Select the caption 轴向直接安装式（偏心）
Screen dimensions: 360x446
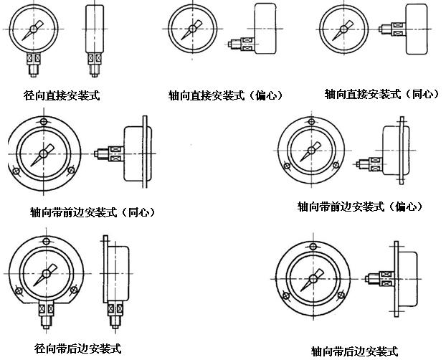click(x=225, y=95)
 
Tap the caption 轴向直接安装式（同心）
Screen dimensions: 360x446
click(x=381, y=94)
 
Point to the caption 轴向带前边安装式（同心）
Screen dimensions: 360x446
click(x=92, y=212)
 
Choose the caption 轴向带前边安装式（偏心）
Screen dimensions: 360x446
click(x=360, y=207)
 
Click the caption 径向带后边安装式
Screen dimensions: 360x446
click(x=77, y=349)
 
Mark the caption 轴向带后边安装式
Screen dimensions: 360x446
click(x=354, y=351)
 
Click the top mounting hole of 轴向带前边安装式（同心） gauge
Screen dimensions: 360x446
click(x=44, y=122)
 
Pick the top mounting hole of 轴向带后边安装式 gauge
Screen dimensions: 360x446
click(x=313, y=244)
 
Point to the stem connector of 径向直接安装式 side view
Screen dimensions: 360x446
click(x=94, y=62)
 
